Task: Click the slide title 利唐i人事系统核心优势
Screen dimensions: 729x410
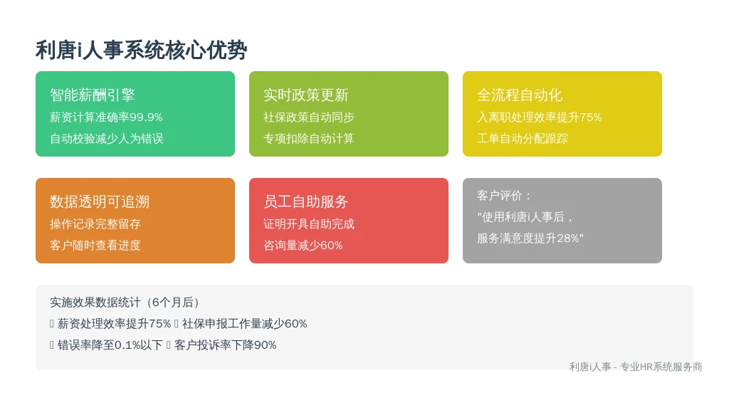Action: pos(142,51)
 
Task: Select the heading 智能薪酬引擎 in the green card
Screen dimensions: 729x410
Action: pos(93,95)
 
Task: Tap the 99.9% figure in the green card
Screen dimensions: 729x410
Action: pos(146,117)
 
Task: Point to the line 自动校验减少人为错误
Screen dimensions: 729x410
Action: pos(107,139)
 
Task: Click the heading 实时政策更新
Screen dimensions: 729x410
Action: pos(306,95)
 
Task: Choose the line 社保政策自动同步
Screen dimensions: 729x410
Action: pos(309,117)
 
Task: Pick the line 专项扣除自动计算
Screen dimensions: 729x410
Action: pos(309,139)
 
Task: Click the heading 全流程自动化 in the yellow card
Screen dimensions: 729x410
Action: pos(519,95)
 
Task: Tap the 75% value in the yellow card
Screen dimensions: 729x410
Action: pos(590,117)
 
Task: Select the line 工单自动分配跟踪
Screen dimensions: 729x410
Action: pos(522,139)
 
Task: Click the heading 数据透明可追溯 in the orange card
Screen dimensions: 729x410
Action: pos(100,201)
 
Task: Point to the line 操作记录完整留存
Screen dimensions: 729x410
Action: pos(95,224)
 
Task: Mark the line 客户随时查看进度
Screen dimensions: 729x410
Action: pos(95,246)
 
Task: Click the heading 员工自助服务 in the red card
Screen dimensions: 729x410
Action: pos(306,201)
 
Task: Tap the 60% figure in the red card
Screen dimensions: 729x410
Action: pos(332,246)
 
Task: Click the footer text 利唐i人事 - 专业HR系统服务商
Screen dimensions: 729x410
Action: pos(636,367)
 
